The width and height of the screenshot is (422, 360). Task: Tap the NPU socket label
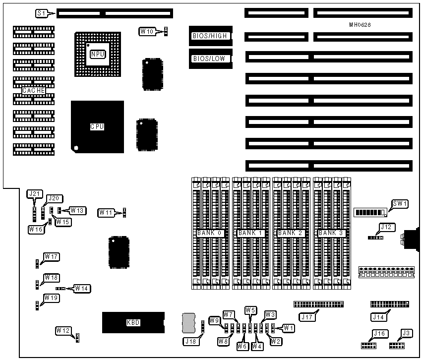(x=97, y=54)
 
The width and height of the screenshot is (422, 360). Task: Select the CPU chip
(x=97, y=126)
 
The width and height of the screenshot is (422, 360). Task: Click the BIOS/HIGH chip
(x=209, y=36)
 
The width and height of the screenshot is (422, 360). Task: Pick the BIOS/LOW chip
(x=209, y=59)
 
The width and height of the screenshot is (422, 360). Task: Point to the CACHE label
(x=34, y=91)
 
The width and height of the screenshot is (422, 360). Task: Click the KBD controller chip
(x=132, y=323)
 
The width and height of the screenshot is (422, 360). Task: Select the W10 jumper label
(x=147, y=32)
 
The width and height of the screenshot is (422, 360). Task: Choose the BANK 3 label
(x=330, y=233)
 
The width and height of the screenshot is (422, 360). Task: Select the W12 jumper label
(x=63, y=330)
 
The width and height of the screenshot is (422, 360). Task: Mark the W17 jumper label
(x=52, y=256)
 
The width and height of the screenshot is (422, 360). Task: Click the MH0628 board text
(x=360, y=24)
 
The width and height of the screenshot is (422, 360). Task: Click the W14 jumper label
(x=82, y=288)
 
